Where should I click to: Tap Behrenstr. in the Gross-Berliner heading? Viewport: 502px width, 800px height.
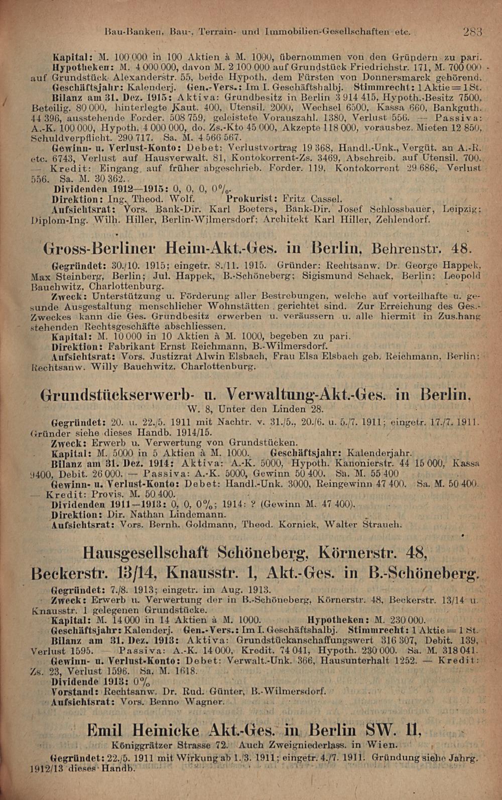click(x=410, y=249)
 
